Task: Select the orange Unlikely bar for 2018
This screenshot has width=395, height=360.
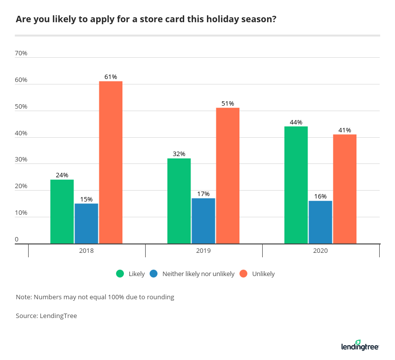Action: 111,162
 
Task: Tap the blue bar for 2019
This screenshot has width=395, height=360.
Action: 203,221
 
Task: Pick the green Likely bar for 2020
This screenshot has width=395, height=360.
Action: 296,185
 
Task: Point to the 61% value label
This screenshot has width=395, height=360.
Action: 111,77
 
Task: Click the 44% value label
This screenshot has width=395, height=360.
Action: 296,122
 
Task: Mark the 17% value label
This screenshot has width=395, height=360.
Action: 203,194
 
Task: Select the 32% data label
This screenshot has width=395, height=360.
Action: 179,154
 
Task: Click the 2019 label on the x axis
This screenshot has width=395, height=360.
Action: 203,251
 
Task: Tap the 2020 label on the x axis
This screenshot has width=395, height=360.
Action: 320,251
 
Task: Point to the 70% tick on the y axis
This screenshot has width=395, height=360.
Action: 21,53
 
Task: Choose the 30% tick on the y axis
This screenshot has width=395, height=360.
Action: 21,160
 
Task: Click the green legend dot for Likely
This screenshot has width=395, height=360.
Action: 120,274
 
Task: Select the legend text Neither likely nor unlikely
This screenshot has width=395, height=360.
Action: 198,274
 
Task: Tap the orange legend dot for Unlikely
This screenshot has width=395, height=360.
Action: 243,274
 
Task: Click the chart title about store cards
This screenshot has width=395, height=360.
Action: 146,20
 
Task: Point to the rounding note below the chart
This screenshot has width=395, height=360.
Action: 95,297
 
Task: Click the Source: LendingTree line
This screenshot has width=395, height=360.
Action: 46,316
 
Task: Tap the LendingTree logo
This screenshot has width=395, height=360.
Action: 360,346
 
